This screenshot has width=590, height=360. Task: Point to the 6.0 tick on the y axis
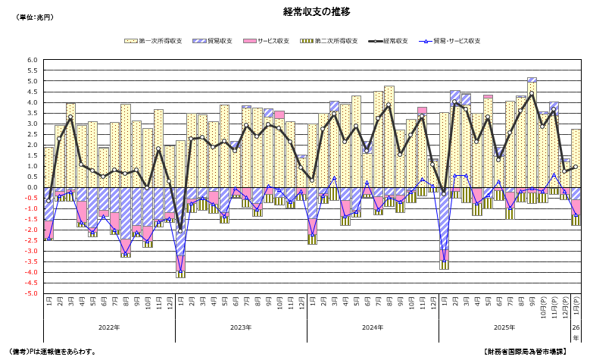(x=32, y=60)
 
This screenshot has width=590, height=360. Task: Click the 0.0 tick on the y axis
(x=32, y=187)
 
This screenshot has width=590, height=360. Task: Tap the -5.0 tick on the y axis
(x=30, y=293)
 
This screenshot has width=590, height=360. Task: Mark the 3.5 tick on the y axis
(x=32, y=113)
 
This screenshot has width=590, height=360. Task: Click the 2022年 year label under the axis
(x=109, y=327)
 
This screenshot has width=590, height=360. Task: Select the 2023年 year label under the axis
(x=241, y=327)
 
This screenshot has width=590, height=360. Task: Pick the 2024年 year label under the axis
(x=373, y=327)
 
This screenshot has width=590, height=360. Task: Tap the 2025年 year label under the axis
(x=504, y=327)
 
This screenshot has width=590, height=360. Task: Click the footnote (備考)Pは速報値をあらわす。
(x=52, y=352)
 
